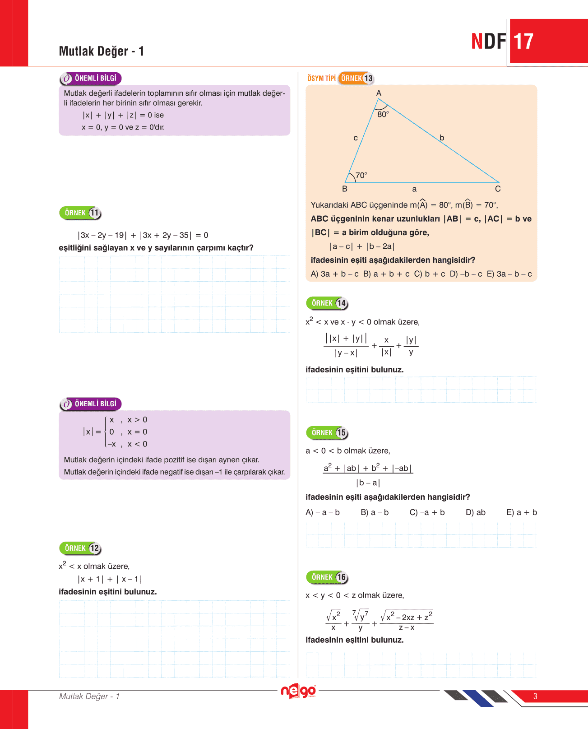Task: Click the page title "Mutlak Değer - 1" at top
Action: coord(102,51)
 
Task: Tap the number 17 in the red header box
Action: coord(523,42)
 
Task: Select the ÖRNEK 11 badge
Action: coord(80,213)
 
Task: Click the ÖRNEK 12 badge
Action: coord(80,548)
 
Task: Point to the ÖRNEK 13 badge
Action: coord(356,79)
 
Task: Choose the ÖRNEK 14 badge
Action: coord(327,303)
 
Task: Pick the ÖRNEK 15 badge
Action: coord(327,433)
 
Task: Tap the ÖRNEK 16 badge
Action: coord(327,577)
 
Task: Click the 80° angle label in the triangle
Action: coord(383,115)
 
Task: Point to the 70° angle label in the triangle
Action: coord(361,175)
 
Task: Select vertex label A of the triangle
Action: coord(379,93)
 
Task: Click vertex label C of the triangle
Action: coord(498,189)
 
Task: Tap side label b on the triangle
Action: coord(442,138)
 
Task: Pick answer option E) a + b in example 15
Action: coord(522,512)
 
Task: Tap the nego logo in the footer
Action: coord(298,691)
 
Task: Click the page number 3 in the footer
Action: coord(535,696)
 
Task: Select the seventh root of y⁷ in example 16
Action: coord(361,615)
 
